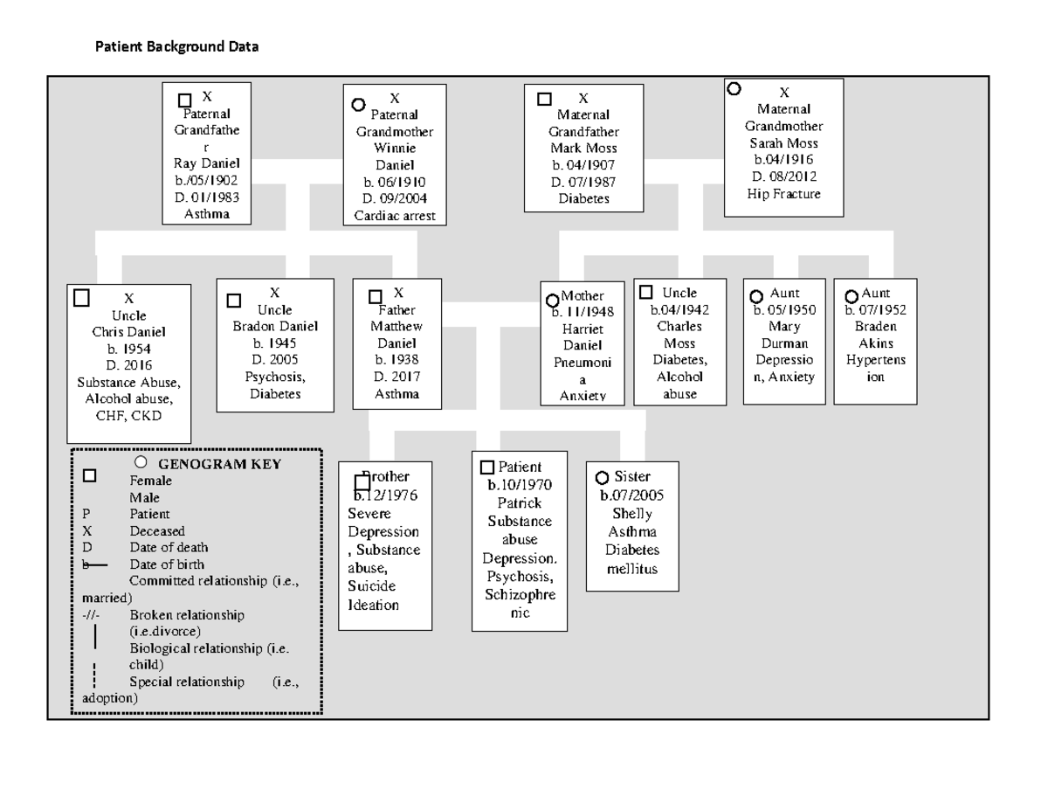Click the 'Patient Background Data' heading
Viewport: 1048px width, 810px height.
[177, 47]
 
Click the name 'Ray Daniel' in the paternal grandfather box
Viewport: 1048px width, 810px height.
[207, 163]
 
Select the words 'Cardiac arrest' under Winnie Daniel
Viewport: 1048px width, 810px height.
[395, 216]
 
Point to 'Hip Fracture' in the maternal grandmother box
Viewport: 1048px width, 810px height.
[783, 194]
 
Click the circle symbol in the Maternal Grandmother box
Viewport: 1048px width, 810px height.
[734, 88]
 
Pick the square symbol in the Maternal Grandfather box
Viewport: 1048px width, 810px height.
[544, 100]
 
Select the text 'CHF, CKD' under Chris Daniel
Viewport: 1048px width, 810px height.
[129, 415]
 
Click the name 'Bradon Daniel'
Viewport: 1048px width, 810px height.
[275, 327]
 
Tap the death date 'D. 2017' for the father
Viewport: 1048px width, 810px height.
[396, 377]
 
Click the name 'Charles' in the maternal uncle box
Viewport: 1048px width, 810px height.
[679, 327]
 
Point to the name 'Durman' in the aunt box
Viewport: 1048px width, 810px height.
[784, 343]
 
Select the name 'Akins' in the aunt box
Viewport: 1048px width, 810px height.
[875, 343]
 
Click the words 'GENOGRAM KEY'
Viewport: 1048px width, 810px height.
[219, 464]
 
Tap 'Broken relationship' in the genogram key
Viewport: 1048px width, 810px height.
[187, 614]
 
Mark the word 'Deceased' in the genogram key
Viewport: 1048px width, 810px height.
[157, 530]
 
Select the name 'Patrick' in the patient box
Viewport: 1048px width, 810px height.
[519, 503]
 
